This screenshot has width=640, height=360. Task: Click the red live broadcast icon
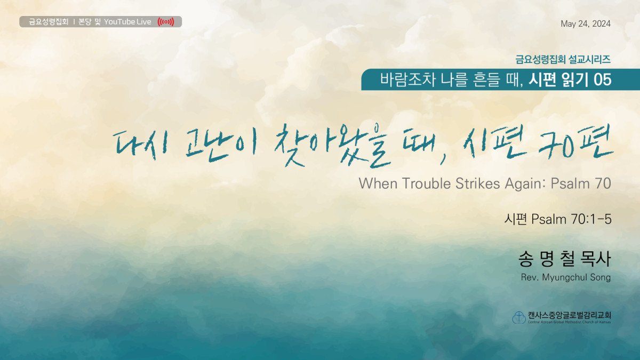(166, 22)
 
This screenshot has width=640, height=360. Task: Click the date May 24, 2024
(586, 23)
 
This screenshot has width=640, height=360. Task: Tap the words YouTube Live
(127, 22)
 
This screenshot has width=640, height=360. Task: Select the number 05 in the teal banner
(602, 79)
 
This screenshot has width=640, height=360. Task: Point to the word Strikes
(478, 183)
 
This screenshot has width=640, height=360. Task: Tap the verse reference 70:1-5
(591, 219)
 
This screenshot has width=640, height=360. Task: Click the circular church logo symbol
(519, 317)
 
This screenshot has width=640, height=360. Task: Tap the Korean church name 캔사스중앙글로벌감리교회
(570, 315)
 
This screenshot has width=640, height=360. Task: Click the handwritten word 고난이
(220, 145)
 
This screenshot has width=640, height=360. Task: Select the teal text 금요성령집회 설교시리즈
(563, 59)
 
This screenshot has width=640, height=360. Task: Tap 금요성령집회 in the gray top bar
(49, 22)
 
